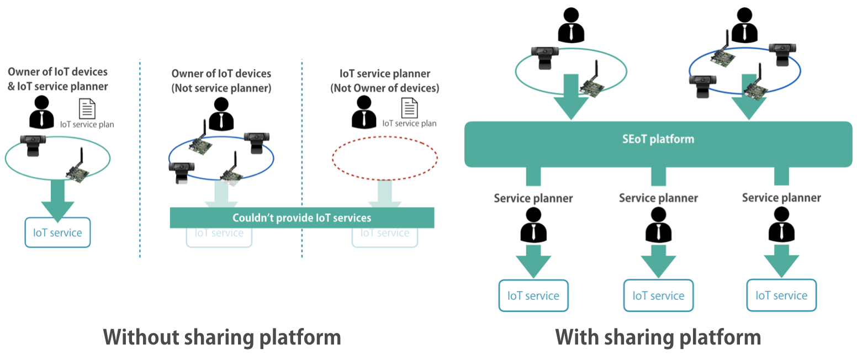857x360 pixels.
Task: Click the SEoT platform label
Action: [658, 139]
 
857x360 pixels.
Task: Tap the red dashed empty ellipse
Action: [384, 137]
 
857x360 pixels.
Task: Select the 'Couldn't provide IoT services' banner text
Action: [302, 218]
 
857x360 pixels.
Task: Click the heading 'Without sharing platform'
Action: [222, 337]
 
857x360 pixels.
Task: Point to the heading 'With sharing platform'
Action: [658, 337]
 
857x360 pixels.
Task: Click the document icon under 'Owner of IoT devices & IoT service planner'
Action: [87, 109]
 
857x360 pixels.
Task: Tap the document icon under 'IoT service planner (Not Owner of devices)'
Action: [409, 108]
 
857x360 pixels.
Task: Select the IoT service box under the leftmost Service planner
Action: [533, 296]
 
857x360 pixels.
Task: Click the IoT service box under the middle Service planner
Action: [658, 296]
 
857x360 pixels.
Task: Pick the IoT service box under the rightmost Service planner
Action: [782, 295]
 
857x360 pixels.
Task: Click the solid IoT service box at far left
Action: [58, 232]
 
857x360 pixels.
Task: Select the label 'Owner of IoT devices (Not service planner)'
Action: [221, 81]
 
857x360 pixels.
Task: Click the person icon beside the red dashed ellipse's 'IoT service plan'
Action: [364, 112]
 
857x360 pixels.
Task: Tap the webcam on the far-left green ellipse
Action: [33, 145]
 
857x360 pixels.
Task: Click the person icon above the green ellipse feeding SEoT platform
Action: [571, 25]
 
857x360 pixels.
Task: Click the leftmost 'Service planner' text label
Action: [533, 198]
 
